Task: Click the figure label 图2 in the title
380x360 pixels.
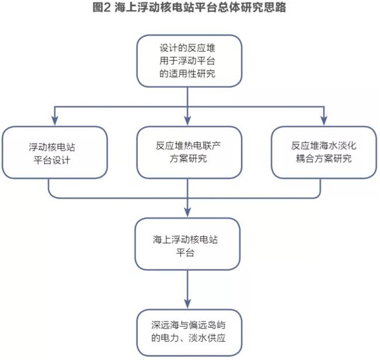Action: [102, 7]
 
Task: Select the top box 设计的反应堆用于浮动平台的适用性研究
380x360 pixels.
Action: [189, 61]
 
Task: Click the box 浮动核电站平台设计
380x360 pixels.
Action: [55, 153]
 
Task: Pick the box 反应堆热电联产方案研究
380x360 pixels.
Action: [189, 153]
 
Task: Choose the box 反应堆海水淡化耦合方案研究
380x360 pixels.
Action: [324, 153]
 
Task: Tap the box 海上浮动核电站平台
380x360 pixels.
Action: [188, 244]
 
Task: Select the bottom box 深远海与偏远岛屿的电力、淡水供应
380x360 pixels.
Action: [189, 333]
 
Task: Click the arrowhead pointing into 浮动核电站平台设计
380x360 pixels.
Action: [55, 120]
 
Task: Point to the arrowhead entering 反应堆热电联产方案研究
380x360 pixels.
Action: [188, 120]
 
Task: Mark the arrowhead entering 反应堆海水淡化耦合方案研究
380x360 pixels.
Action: [324, 120]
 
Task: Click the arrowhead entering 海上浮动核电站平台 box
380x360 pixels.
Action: [188, 212]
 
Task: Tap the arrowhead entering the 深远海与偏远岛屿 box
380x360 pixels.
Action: [188, 304]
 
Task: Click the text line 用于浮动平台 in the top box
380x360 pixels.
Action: [187, 61]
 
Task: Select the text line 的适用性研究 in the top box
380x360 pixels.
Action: [187, 74]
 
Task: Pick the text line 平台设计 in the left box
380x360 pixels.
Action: [52, 160]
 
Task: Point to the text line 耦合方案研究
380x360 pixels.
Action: [323, 159]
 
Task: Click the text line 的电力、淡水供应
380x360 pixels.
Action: [189, 338]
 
